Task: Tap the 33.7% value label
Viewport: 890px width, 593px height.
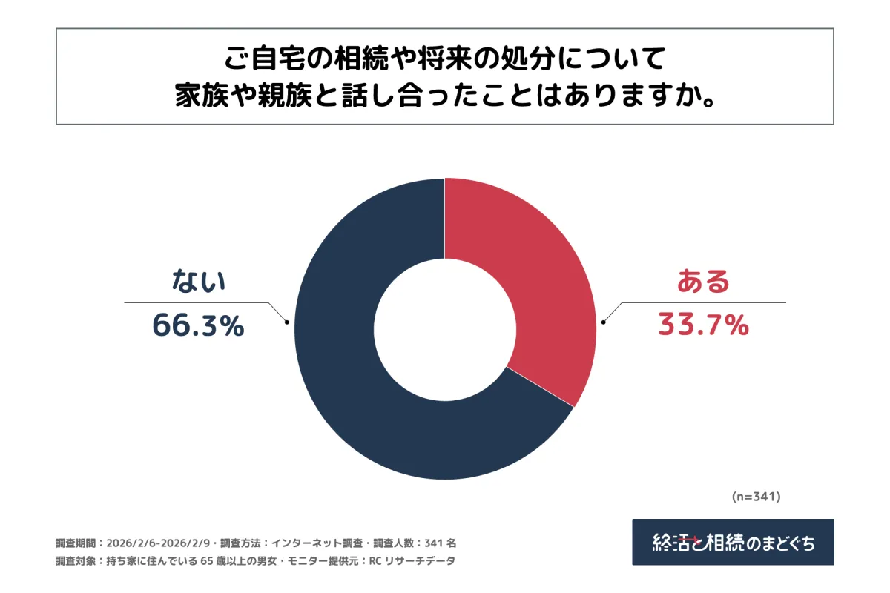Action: click(x=702, y=325)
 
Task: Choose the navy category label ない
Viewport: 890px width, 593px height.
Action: click(x=198, y=282)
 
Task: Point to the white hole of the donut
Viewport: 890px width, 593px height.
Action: click(x=444, y=328)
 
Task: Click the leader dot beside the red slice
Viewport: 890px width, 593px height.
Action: click(x=603, y=322)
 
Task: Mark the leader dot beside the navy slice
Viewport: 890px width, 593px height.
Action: click(x=286, y=322)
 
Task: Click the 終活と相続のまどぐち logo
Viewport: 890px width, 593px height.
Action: click(x=733, y=542)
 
